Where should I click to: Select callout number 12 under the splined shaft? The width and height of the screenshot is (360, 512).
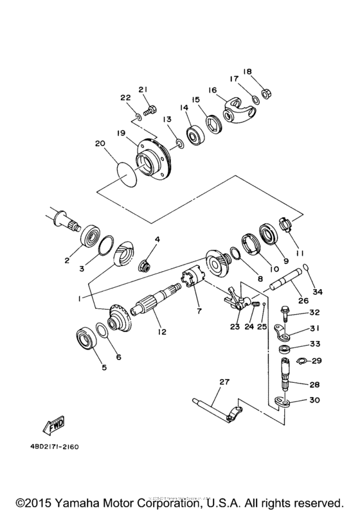[x=162, y=333]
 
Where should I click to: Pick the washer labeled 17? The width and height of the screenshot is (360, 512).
[x=255, y=99]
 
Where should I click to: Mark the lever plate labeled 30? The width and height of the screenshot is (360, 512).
[x=283, y=403]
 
